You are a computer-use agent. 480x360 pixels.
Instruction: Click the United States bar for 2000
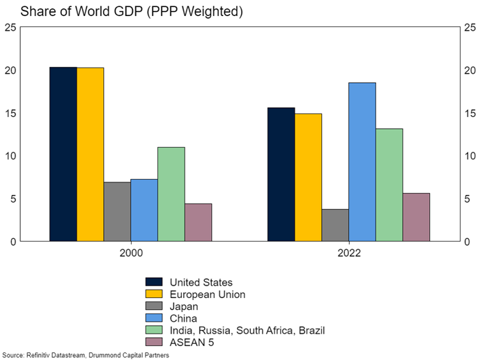63,154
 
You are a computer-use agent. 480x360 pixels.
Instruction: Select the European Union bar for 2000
90,154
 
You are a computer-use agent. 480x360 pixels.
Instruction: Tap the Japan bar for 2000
117,212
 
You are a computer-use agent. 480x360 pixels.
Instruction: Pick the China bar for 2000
144,210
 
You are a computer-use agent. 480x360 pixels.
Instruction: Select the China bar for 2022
362,162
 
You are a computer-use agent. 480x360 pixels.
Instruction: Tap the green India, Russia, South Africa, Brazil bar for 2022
389,185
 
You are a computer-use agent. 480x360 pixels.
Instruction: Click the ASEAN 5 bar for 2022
416,217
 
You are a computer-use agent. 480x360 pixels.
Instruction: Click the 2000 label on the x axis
131,255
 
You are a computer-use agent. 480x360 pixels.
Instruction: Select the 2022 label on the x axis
348,255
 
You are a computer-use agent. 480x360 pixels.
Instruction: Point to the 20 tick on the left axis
10,70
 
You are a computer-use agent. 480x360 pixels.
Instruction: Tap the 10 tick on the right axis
468,156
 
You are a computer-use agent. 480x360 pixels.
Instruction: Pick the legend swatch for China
154,318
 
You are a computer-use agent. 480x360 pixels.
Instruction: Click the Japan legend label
184,306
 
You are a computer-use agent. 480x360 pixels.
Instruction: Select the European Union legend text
207,295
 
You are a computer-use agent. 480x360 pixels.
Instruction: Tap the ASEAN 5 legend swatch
154,342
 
